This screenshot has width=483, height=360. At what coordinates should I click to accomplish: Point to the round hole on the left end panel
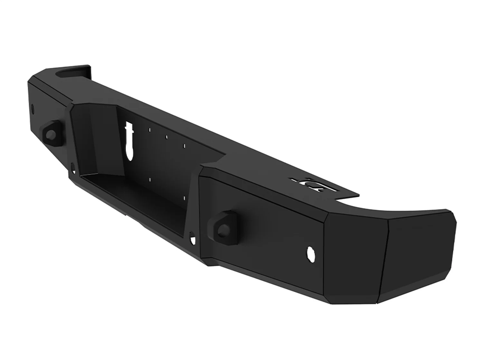(33, 108)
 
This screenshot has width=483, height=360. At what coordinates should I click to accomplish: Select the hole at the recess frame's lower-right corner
(193, 239)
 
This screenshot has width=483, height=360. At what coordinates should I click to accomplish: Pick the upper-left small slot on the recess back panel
(150, 130)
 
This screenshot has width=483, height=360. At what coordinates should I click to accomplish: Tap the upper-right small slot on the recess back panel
(185, 146)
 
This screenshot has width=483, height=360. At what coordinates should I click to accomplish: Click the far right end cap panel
(419, 257)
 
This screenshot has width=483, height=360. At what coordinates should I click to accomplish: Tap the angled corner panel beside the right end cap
(354, 257)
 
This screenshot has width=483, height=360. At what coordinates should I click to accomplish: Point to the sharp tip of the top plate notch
(358, 194)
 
